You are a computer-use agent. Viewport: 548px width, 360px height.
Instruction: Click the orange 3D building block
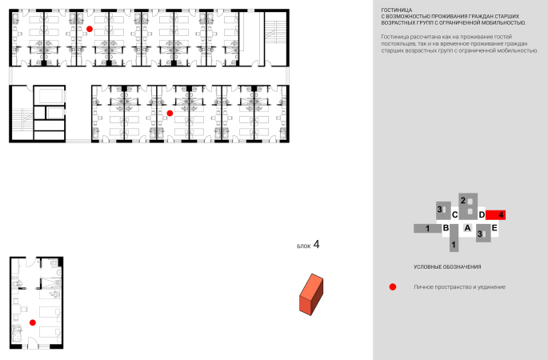tap(311, 294)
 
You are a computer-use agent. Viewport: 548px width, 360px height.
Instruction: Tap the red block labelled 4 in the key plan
tap(495, 215)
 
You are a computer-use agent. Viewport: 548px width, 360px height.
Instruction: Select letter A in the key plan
tap(467, 228)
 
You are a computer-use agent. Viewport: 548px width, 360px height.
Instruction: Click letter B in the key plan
tap(446, 228)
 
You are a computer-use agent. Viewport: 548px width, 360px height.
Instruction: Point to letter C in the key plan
tap(454, 214)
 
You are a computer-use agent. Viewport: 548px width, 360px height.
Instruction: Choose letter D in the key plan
tap(482, 214)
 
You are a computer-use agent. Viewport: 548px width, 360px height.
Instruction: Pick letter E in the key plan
tap(494, 228)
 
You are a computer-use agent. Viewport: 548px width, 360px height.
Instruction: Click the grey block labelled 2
tap(468, 206)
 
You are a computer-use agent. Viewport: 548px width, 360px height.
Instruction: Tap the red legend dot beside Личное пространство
tap(393, 287)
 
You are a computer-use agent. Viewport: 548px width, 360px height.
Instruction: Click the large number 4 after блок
tap(316, 244)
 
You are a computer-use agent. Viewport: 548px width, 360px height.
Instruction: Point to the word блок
tap(304, 246)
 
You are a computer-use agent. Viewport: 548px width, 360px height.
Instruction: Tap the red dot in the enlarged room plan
tap(33, 322)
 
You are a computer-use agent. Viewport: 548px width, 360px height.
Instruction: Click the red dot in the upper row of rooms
tap(90, 29)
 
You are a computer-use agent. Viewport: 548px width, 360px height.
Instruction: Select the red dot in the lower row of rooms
tap(170, 114)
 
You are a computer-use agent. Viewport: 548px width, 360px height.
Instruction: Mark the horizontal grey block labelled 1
tap(428, 228)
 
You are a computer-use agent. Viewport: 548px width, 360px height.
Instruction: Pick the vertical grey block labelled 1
tap(454, 238)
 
